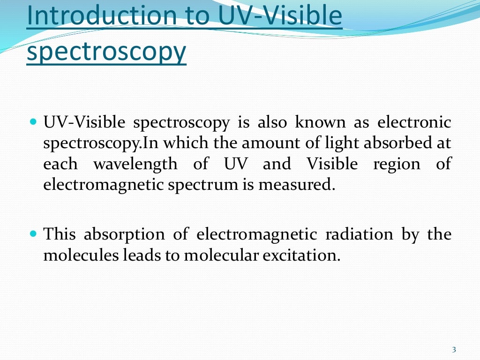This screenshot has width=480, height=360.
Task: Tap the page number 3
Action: click(x=454, y=349)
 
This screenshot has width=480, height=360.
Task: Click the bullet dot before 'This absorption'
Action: click(x=33, y=233)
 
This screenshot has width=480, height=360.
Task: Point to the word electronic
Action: click(x=414, y=123)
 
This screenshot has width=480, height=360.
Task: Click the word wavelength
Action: click(x=135, y=165)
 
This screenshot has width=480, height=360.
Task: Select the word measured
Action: click(x=305, y=185)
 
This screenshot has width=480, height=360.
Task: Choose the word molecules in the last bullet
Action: click(x=77, y=255)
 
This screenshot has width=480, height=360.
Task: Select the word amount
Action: click(x=232, y=143)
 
